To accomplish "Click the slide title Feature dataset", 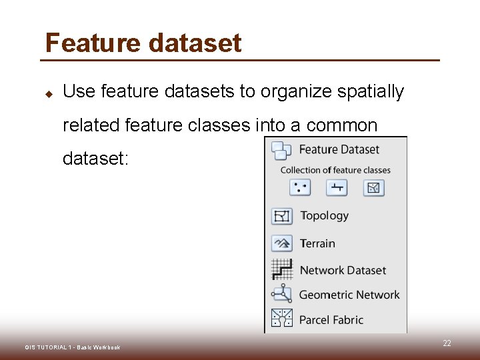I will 143,43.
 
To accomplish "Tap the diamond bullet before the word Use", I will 49,93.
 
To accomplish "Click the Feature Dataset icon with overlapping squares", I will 281,151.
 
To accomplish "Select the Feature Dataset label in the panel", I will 339,149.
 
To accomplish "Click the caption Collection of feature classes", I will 335,170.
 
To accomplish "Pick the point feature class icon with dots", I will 300,187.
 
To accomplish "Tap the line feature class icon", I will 337,187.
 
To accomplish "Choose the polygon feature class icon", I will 373,187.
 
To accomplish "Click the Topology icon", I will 282,216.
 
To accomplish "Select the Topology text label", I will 324,216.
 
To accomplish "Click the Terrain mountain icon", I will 282,243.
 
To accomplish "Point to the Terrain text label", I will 317,243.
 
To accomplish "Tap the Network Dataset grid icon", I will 282,269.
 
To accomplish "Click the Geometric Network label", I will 349,295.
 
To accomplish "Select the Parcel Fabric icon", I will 282,319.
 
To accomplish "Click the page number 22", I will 447,343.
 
